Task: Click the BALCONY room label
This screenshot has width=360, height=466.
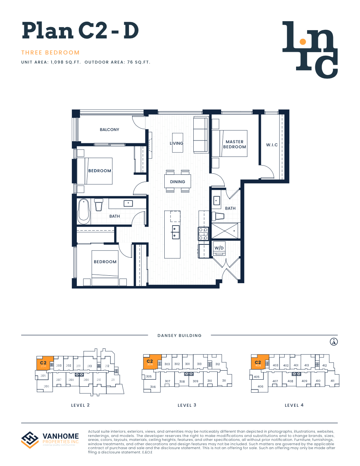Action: (109, 129)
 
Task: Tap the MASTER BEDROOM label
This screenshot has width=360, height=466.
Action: (235, 144)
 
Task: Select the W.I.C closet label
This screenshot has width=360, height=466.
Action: (272, 145)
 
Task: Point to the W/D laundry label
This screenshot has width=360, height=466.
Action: (218, 248)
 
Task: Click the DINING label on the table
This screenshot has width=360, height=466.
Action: (177, 182)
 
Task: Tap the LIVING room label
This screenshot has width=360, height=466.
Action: (176, 143)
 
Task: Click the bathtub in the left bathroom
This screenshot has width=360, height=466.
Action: (84, 211)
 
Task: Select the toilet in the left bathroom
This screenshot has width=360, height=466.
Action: (98, 204)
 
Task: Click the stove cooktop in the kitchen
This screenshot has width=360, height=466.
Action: (203, 233)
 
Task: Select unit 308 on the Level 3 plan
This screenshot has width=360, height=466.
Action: (182, 381)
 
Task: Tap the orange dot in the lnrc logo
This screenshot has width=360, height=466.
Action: (302, 41)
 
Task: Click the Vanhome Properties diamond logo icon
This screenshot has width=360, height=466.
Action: (30, 439)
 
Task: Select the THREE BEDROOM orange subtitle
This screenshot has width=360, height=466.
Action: (51, 53)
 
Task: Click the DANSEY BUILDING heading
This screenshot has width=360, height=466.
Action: (179, 335)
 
